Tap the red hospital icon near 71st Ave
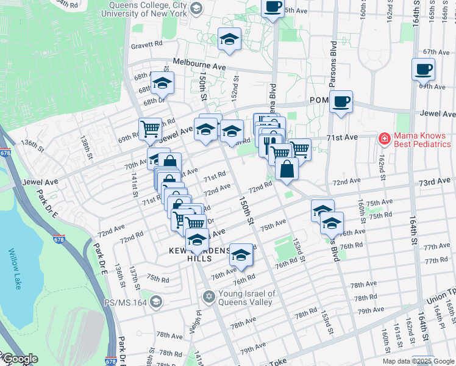tap(385, 138)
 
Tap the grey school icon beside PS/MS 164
tap(156, 301)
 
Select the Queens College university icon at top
tap(196, 9)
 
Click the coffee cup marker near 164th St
tap(422, 70)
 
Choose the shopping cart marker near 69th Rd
tap(150, 129)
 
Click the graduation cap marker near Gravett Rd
tap(229, 39)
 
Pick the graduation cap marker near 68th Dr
tap(163, 82)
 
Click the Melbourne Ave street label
tap(199, 63)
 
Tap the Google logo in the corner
tap(20, 359)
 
